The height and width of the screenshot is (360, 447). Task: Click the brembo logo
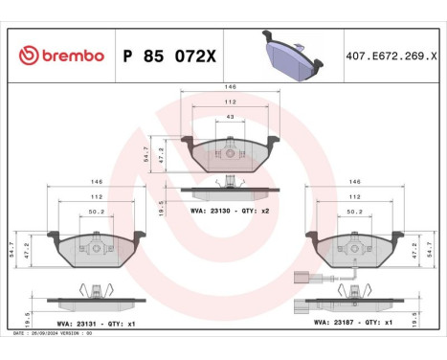point(59,56)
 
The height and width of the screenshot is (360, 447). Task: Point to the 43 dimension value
point(230,117)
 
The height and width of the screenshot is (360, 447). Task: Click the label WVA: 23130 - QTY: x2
point(231,210)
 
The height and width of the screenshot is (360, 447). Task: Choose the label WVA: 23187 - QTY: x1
point(353,324)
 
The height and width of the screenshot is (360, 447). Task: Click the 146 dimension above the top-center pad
point(230,86)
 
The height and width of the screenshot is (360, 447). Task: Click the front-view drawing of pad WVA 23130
point(230,152)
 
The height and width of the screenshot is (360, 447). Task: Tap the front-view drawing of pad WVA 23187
point(353,251)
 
